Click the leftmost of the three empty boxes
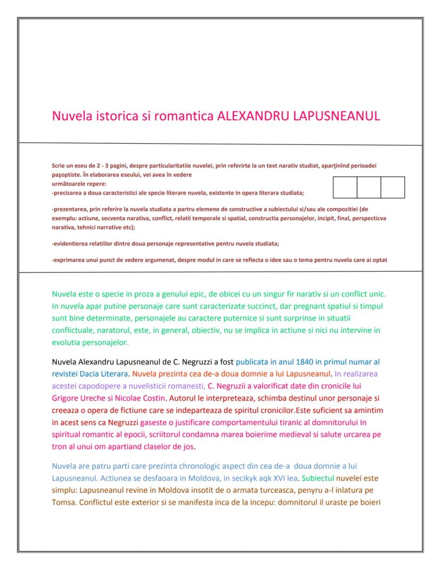click(345, 187)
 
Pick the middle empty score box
click(369, 187)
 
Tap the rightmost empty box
click(393, 187)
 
